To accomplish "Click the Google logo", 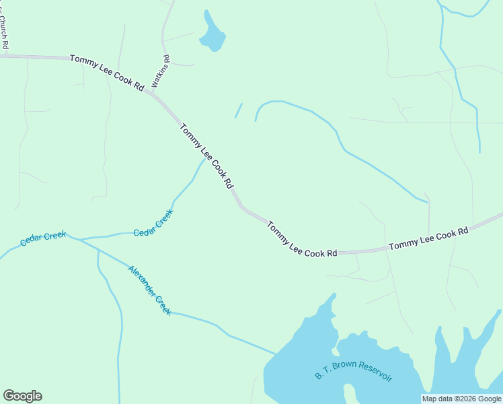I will point(22,396).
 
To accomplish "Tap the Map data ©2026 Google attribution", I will point(462,399).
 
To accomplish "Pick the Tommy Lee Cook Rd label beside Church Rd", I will point(107,73).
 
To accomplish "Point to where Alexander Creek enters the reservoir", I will point(276,353).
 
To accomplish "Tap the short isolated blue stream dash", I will point(238,110).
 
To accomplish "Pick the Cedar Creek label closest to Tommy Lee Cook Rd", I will point(153,223).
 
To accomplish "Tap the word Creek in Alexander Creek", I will point(163,306).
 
